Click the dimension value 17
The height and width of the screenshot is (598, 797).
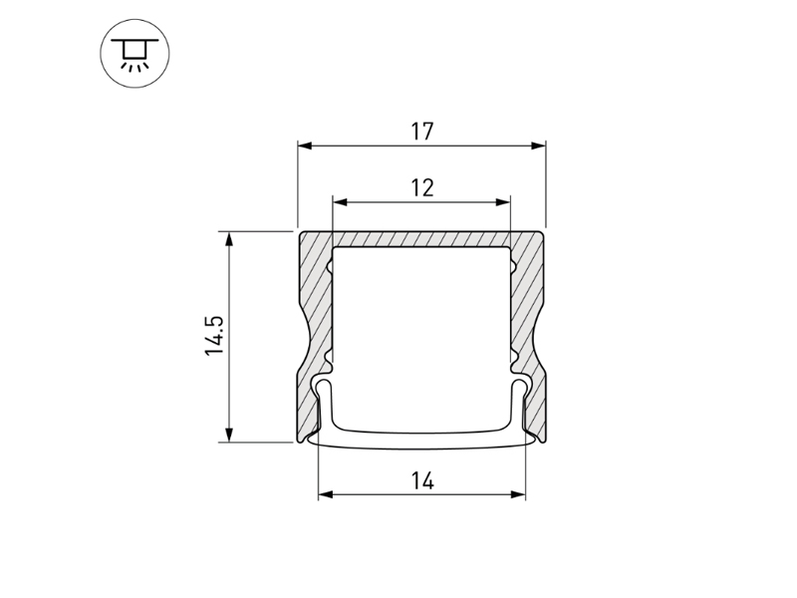pos(421,132)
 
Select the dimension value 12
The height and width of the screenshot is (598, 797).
pos(421,187)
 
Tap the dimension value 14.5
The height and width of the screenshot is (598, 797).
pos(214,336)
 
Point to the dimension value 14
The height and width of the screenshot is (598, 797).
pos(422,480)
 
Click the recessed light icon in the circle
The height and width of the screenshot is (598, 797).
pos(134,54)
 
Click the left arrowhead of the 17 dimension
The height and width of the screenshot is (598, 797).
pos(305,146)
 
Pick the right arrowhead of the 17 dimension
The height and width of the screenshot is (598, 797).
pos(538,146)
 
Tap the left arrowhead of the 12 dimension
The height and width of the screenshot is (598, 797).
pos(340,202)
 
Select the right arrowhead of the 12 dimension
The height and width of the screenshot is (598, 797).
pos(502,202)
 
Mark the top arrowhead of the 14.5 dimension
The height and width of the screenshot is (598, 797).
pos(229,239)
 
